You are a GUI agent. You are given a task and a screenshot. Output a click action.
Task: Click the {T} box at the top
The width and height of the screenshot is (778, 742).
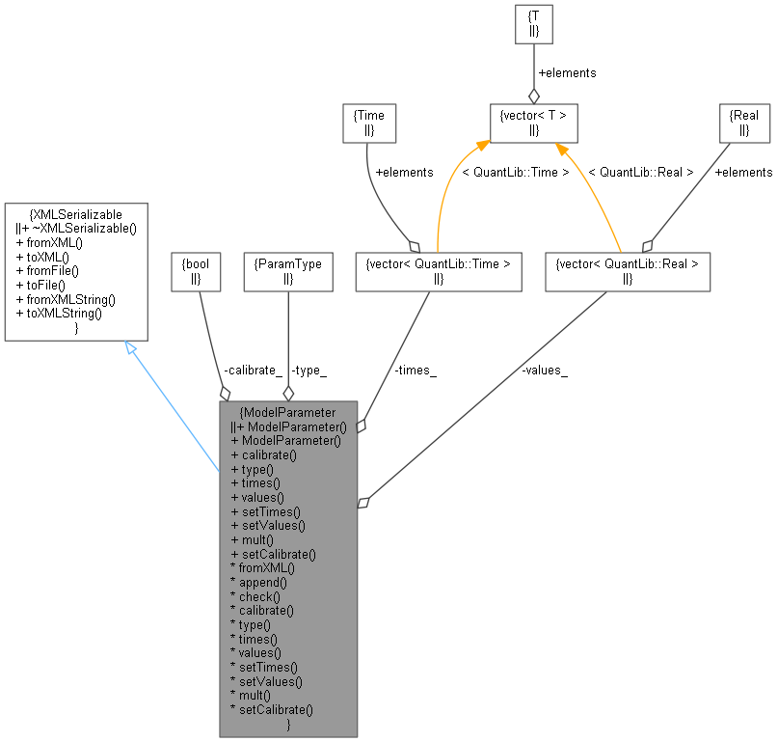click(534, 25)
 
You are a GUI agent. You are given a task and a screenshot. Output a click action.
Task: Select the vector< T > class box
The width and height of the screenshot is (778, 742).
click(533, 123)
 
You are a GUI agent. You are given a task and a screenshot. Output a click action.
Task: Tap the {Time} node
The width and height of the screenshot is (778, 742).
click(370, 123)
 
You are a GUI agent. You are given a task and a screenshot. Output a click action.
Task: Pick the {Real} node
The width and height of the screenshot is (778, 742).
click(745, 123)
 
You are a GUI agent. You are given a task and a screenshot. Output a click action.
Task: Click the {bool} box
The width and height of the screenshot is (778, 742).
click(196, 273)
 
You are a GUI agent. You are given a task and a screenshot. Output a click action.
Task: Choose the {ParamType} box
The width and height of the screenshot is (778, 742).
click(288, 273)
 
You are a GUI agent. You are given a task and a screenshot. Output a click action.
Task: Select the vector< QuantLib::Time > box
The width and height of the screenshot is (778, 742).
click(438, 273)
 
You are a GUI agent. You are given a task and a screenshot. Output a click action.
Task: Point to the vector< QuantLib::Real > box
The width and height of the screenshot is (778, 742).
click(628, 273)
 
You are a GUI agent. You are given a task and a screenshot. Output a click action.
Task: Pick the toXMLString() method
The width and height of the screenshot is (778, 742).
click(58, 313)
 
